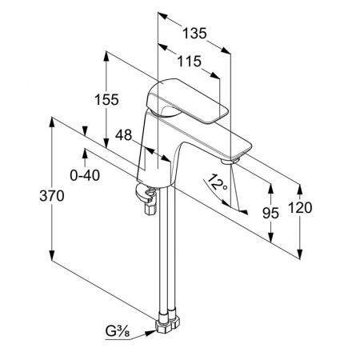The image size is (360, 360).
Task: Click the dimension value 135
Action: tap(194, 34)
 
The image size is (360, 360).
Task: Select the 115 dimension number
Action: tap(190, 62)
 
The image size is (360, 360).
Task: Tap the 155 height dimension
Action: tap(106, 99)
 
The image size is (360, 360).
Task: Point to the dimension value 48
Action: tap(123, 135)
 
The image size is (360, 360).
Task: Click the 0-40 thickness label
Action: tap(85, 175)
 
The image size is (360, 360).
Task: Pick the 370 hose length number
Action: tap(52, 196)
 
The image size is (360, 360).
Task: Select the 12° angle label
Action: tap(218, 182)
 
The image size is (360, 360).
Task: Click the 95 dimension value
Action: tap(270, 213)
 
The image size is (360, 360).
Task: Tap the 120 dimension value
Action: tap(300, 208)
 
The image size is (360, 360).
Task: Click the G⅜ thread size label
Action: tap(118, 332)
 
